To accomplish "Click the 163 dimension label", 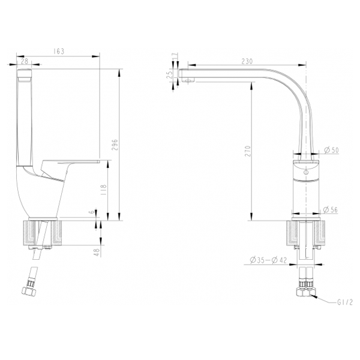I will pos(59,52).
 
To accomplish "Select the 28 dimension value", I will pos(24,61).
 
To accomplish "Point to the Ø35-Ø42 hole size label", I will pos(269,259).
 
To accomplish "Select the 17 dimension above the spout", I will pos(174,56).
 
